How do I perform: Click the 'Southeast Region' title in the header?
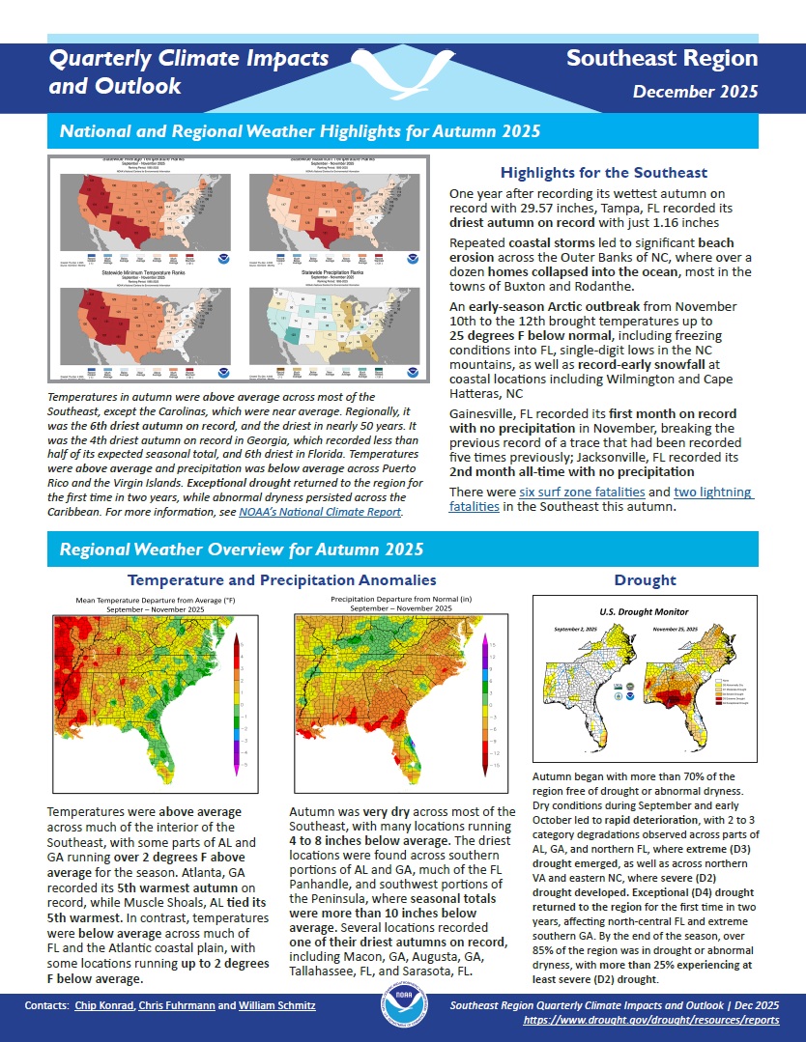pyautogui.click(x=661, y=58)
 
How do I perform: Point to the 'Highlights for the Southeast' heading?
pyautogui.click(x=603, y=173)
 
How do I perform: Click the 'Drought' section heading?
pyautogui.click(x=645, y=580)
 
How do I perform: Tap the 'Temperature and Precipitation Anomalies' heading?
pyautogui.click(x=281, y=580)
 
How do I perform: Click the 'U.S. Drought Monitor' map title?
pyautogui.click(x=644, y=611)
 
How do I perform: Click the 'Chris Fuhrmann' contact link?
pyautogui.click(x=177, y=1006)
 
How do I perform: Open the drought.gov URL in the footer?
pyautogui.click(x=650, y=1019)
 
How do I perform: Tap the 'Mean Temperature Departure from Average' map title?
pyautogui.click(x=155, y=600)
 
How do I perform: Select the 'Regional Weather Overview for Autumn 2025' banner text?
pyautogui.click(x=242, y=550)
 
